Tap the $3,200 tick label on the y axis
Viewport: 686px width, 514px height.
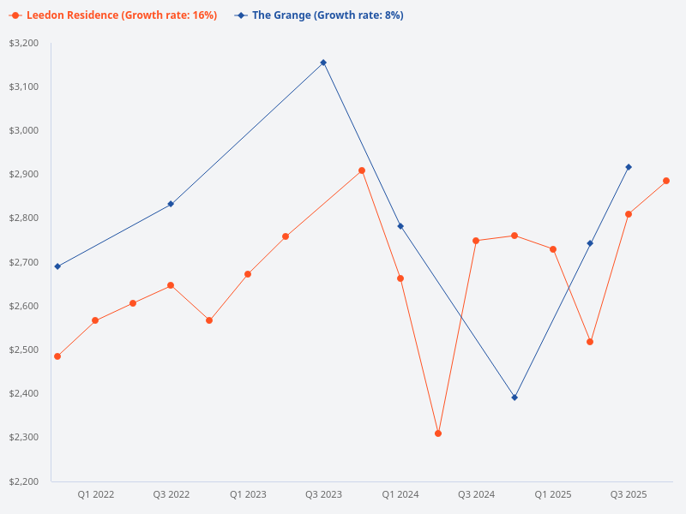(x=24, y=43)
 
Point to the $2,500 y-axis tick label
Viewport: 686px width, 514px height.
(x=24, y=350)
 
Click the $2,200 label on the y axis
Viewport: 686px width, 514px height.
(x=24, y=481)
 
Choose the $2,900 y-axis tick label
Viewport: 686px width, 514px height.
(x=24, y=175)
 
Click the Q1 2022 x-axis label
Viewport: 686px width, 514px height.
(x=96, y=494)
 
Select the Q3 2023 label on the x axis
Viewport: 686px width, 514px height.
(x=323, y=494)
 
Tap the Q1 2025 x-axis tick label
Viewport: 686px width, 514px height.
(x=553, y=494)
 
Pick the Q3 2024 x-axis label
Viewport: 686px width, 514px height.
(x=476, y=494)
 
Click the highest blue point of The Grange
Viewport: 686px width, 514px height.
(x=323, y=63)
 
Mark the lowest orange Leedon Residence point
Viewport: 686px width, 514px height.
(x=438, y=433)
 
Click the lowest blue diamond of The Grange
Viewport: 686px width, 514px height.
(x=514, y=397)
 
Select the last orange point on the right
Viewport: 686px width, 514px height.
(x=666, y=181)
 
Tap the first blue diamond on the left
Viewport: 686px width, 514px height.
(x=57, y=266)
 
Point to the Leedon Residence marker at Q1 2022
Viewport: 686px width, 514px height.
(x=95, y=320)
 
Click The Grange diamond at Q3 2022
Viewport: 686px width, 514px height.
(x=171, y=204)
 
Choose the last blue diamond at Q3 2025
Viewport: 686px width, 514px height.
(x=629, y=167)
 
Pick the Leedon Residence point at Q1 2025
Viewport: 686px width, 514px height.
(x=553, y=249)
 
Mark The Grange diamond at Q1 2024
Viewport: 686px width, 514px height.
(x=400, y=226)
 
